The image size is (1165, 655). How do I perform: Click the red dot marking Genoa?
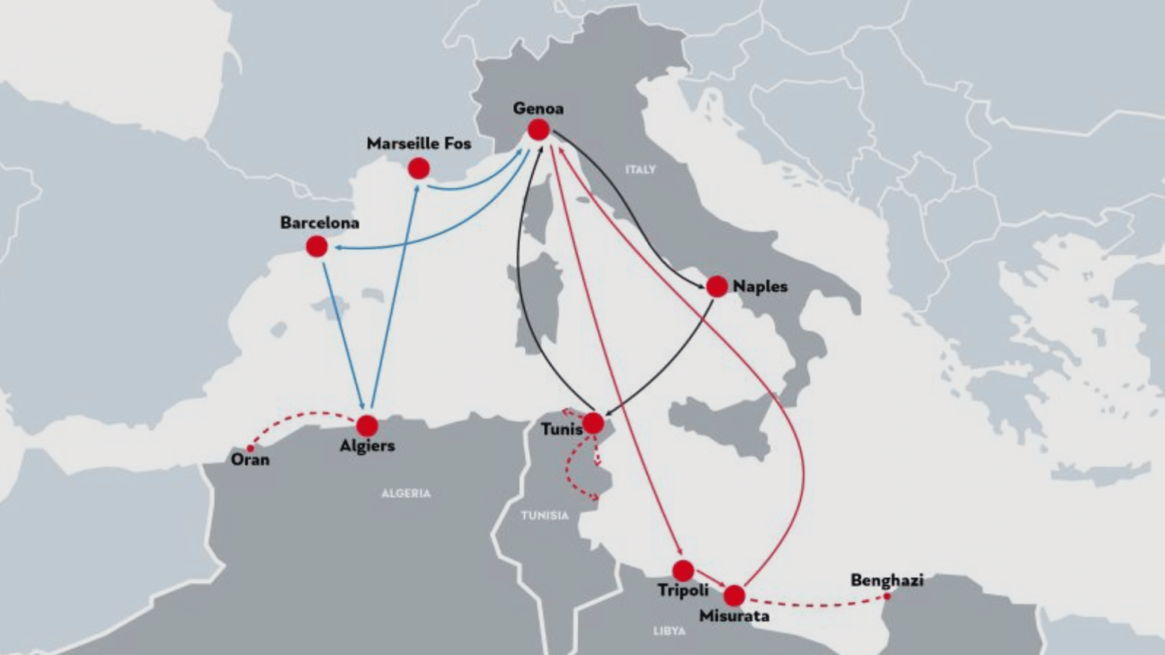[538, 129]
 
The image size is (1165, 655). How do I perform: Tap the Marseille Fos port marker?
[418, 168]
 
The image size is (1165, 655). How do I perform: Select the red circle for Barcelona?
[316, 246]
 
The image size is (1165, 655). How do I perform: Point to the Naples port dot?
[716, 287]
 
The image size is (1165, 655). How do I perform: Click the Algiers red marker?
[367, 426]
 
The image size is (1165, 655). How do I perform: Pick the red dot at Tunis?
[592, 423]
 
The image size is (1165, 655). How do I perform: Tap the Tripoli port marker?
[683, 571]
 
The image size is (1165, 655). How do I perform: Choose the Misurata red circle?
[734, 595]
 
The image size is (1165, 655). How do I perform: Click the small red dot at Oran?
[251, 448]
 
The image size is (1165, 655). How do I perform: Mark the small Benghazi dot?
[886, 596]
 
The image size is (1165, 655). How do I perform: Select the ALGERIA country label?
[406, 493]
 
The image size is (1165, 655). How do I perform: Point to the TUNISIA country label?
[545, 516]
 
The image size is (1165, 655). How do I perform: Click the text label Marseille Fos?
[419, 144]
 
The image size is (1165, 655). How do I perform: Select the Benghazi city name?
[886, 580]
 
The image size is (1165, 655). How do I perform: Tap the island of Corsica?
[539, 211]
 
